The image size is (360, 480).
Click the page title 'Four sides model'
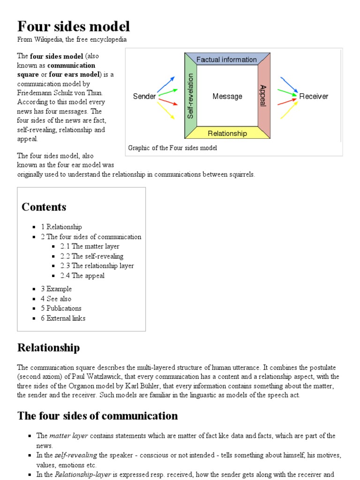click(x=74, y=26)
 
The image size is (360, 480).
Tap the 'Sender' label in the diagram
click(x=144, y=97)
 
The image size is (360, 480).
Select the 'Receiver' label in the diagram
click(x=314, y=97)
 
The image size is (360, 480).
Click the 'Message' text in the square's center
click(x=227, y=97)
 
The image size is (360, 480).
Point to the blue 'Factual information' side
click(x=226, y=60)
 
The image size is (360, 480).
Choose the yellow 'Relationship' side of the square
click(x=227, y=134)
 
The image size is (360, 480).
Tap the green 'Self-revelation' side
click(x=190, y=96)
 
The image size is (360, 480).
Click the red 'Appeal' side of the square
click(x=264, y=96)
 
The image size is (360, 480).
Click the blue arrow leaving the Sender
click(x=166, y=84)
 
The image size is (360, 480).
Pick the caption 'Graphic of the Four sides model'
click(x=172, y=148)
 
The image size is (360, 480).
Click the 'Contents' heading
click(x=44, y=207)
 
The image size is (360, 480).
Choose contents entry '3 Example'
click(x=56, y=289)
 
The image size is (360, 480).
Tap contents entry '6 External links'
click(x=63, y=318)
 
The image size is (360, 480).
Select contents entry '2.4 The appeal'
click(x=82, y=276)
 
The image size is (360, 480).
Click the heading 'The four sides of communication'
click(x=97, y=416)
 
